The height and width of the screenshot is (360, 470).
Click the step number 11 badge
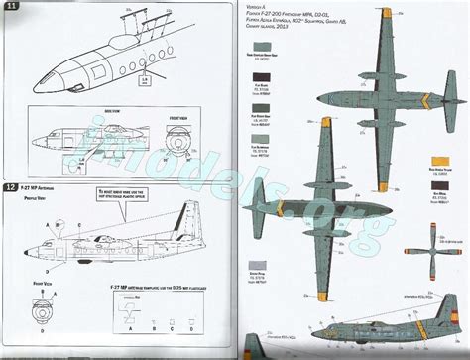click(x=11, y=9)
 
